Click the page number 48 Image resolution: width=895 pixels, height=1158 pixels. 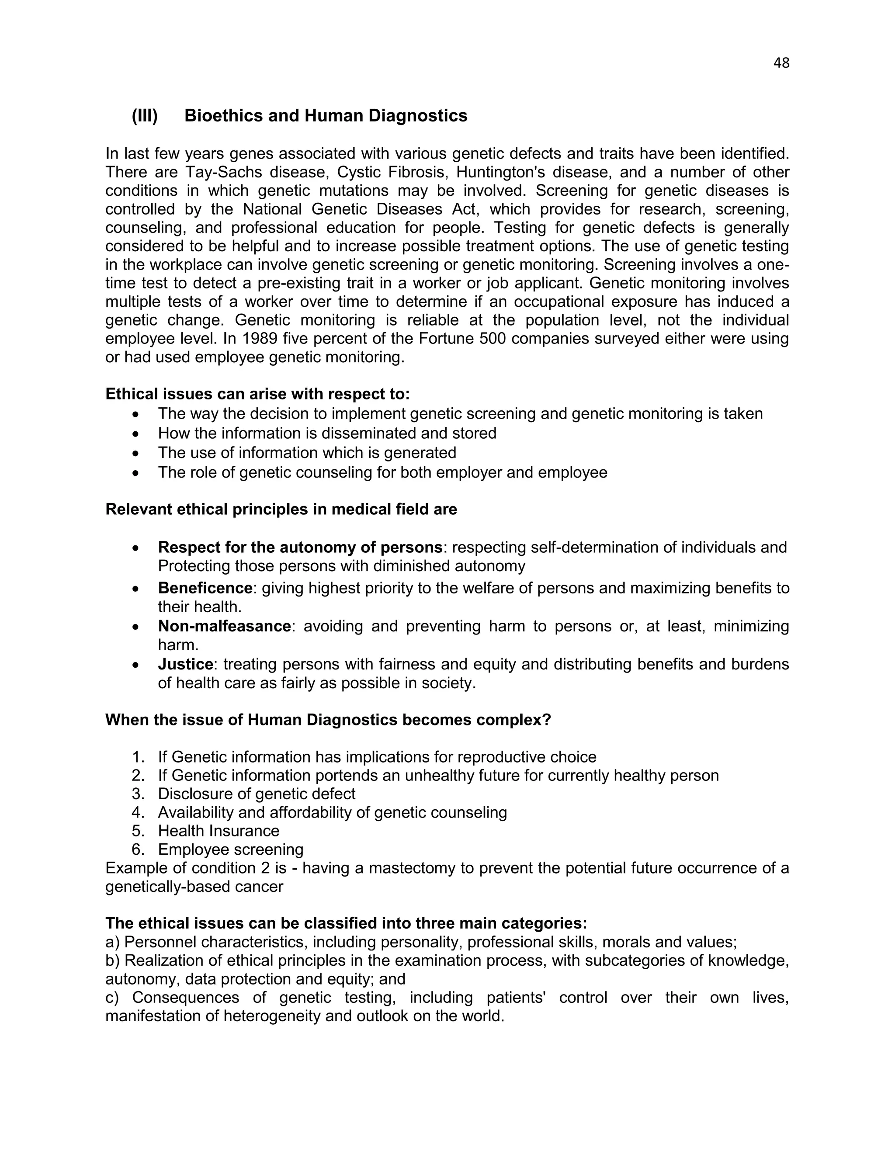[781, 63]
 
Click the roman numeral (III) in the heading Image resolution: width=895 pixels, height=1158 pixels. [145, 116]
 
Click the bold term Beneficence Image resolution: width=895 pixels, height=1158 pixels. [205, 588]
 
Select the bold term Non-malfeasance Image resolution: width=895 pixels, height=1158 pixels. [224, 626]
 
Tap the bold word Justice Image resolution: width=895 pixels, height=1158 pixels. [185, 664]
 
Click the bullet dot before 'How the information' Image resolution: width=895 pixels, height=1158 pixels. [137, 434]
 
